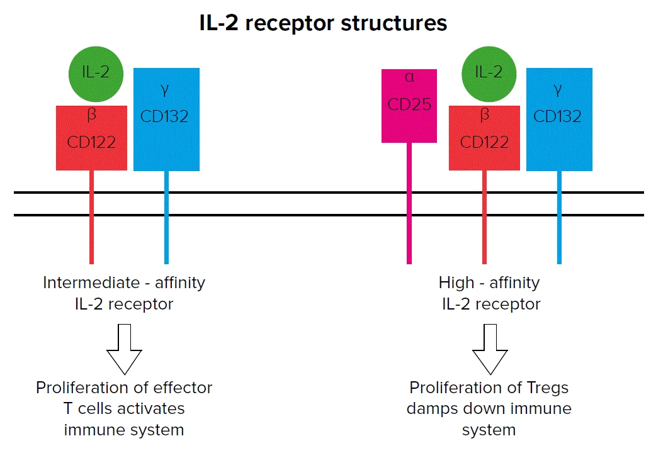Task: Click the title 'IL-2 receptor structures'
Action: tap(322, 23)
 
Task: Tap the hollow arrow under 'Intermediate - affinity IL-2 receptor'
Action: tap(124, 349)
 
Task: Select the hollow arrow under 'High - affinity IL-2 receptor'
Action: tap(490, 349)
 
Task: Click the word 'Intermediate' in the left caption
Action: tap(85, 282)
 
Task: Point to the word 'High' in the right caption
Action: tap(456, 282)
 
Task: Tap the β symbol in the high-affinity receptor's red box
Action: tap(484, 116)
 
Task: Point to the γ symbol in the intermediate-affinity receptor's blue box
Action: tap(165, 90)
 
